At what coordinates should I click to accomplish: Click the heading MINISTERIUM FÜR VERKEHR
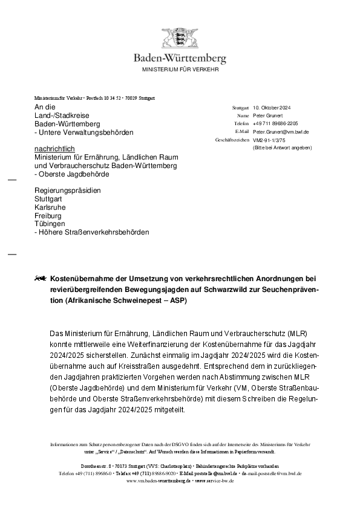pos(180,70)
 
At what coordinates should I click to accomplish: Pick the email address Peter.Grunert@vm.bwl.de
pos(281,131)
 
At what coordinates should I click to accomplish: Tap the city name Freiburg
pos(48,215)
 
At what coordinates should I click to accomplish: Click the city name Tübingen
pos(49,223)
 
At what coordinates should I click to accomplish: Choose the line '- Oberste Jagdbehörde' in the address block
pos(72,173)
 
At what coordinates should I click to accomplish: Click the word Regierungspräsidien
pos(68,190)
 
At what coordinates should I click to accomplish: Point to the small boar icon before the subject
pos(41,279)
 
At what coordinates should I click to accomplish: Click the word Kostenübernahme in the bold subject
pos(82,279)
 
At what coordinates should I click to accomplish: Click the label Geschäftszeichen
pos(232,140)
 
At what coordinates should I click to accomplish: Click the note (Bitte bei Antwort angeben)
pos(283,148)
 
